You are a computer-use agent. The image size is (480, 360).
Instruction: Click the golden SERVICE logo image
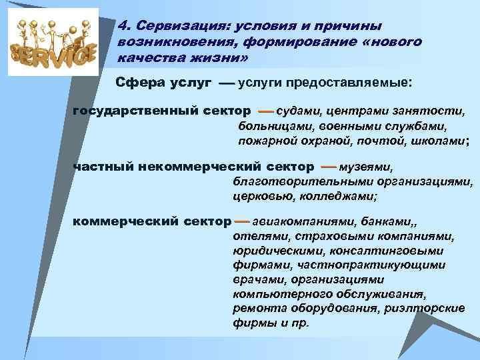point(53,41)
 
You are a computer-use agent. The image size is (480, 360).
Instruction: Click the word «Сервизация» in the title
point(178,25)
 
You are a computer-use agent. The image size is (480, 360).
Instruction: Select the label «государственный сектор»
point(162,110)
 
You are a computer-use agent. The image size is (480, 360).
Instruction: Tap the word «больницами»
point(270,125)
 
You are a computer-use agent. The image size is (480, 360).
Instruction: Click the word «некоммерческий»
point(197,167)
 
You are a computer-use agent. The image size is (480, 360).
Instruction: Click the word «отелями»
point(255,235)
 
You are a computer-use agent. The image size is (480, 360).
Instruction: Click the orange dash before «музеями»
point(328,167)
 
